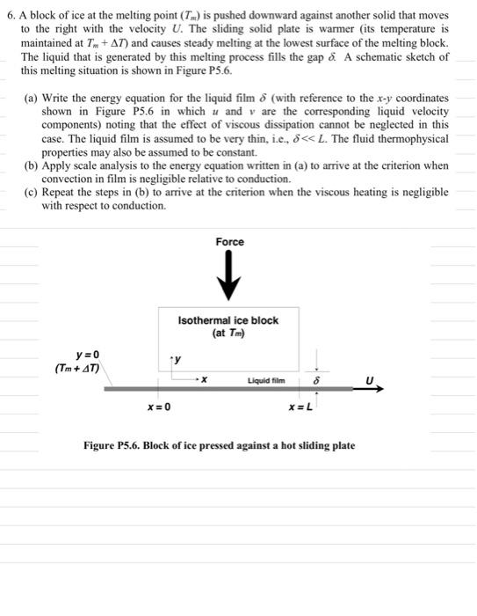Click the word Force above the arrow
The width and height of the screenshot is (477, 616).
pyautogui.click(x=229, y=242)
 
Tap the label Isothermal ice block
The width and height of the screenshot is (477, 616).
pyautogui.click(x=228, y=320)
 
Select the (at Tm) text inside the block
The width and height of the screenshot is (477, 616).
pyautogui.click(x=228, y=334)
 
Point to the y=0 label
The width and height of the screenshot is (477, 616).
pyautogui.click(x=79, y=355)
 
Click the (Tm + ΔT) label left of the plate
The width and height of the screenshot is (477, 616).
pyautogui.click(x=79, y=368)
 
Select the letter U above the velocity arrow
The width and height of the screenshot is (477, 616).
pyautogui.click(x=369, y=380)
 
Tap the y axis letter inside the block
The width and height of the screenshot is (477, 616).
pyautogui.click(x=178, y=359)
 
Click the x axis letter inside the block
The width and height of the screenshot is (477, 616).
pyautogui.click(x=204, y=380)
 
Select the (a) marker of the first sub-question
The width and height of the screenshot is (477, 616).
pyautogui.click(x=30, y=99)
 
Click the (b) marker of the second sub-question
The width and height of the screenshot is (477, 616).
pyautogui.click(x=30, y=165)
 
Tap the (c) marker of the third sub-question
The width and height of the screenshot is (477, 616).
pyautogui.click(x=30, y=192)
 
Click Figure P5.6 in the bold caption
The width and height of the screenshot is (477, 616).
pyautogui.click(x=114, y=446)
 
